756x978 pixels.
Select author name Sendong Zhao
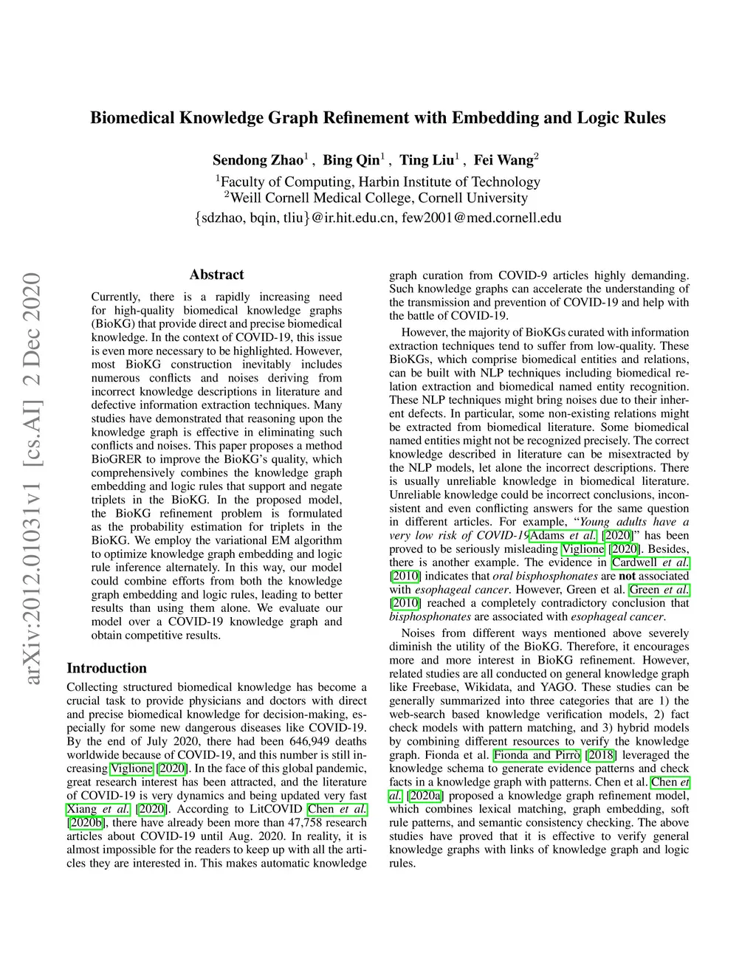coord(258,160)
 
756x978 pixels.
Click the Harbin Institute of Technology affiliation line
coord(379,182)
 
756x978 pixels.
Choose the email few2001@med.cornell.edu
coord(481,218)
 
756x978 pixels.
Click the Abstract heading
coord(216,275)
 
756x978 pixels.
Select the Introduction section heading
coord(107,668)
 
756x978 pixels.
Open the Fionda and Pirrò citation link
coord(537,755)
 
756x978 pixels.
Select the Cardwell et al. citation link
coord(650,562)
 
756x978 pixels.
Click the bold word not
coord(627,576)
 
